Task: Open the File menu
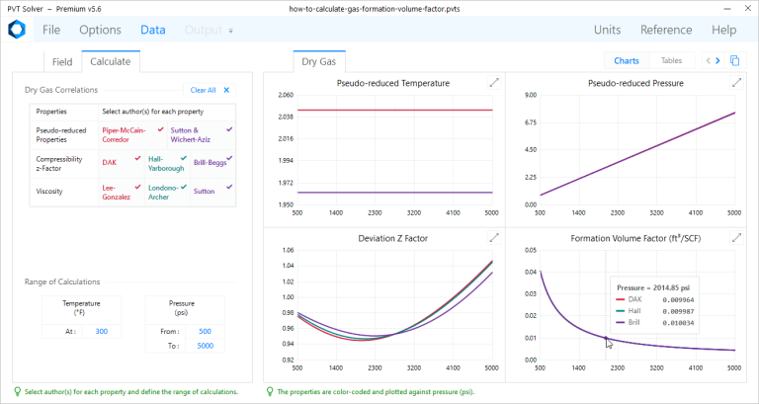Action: [x=51, y=30]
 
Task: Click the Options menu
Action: [x=100, y=30]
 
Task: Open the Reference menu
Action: [x=665, y=30]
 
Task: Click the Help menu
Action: [x=723, y=30]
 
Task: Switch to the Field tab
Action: [x=61, y=61]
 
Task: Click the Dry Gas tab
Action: [x=318, y=61]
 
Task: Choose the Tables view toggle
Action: [x=671, y=60]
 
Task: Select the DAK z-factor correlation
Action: [x=110, y=162]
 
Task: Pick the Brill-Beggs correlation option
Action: [x=210, y=162]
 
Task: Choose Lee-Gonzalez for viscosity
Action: [x=117, y=191]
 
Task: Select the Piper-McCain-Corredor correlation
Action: [x=124, y=134]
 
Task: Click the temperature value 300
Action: [x=102, y=331]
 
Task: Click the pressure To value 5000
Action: [x=205, y=346]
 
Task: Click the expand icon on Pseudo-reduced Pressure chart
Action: [x=736, y=83]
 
